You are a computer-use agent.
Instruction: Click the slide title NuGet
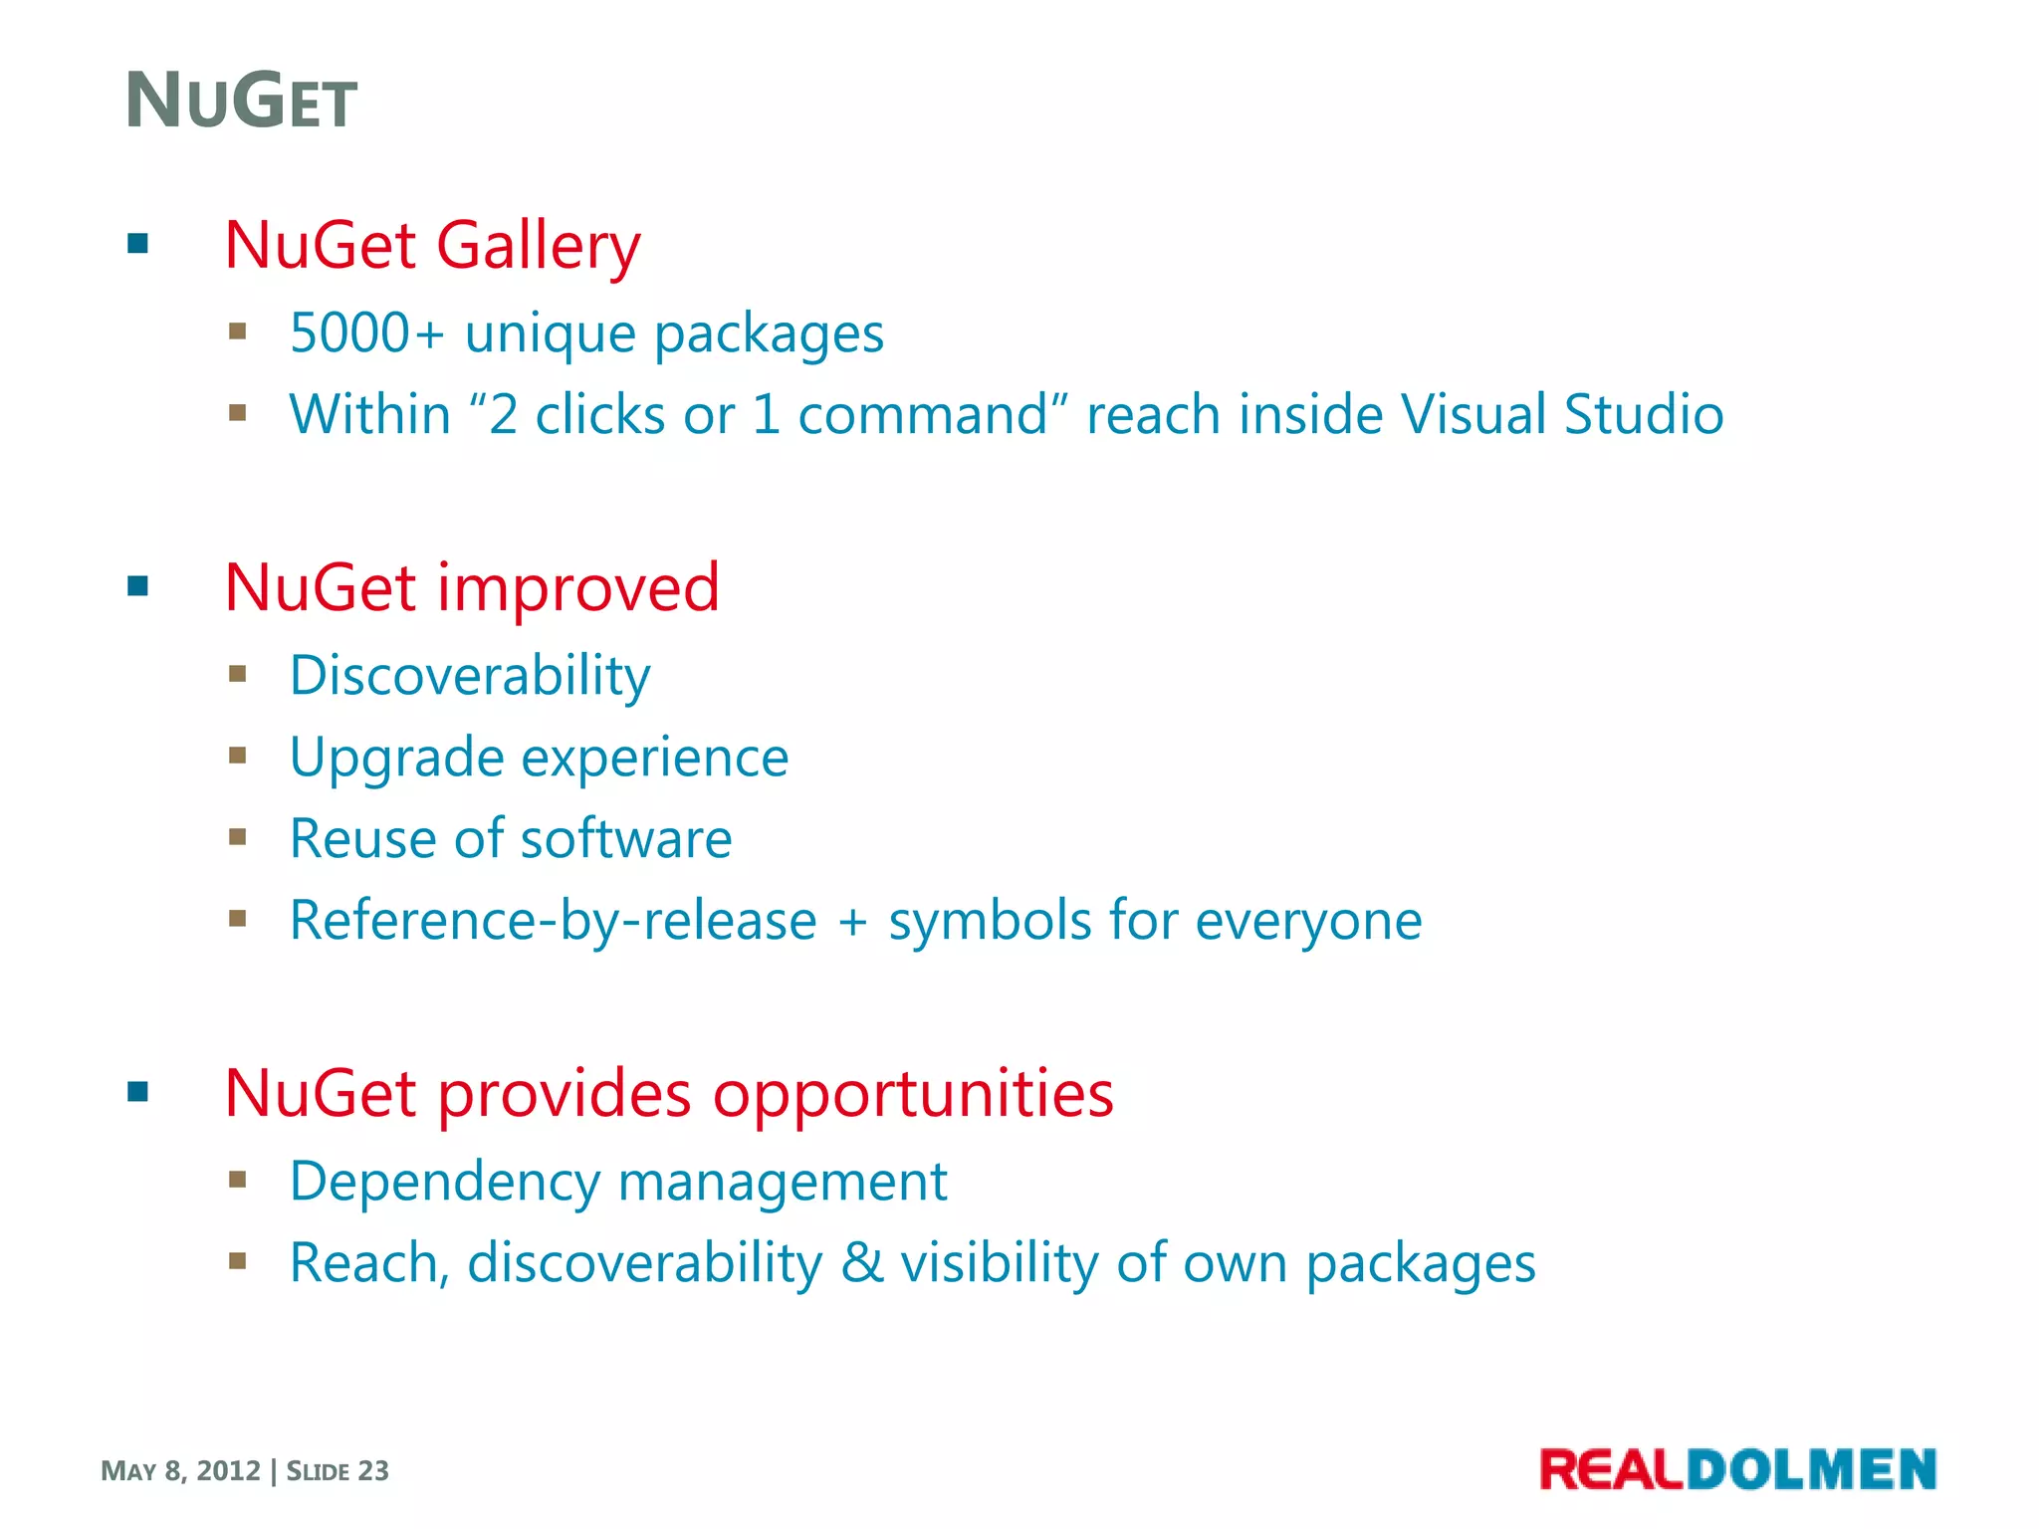click(241, 102)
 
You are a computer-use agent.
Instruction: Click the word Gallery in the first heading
click(538, 245)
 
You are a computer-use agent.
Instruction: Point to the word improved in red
click(577, 587)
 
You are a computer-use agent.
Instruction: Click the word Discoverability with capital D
click(470, 676)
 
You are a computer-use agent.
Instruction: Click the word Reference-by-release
click(553, 920)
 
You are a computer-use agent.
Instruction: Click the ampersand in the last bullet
click(862, 1263)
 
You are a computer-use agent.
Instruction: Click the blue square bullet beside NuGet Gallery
click(138, 243)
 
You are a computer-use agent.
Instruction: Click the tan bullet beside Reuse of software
click(237, 837)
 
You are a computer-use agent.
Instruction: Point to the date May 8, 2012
click(180, 1471)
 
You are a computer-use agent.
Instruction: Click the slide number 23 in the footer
click(373, 1471)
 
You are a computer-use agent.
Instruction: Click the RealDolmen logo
click(1736, 1469)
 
